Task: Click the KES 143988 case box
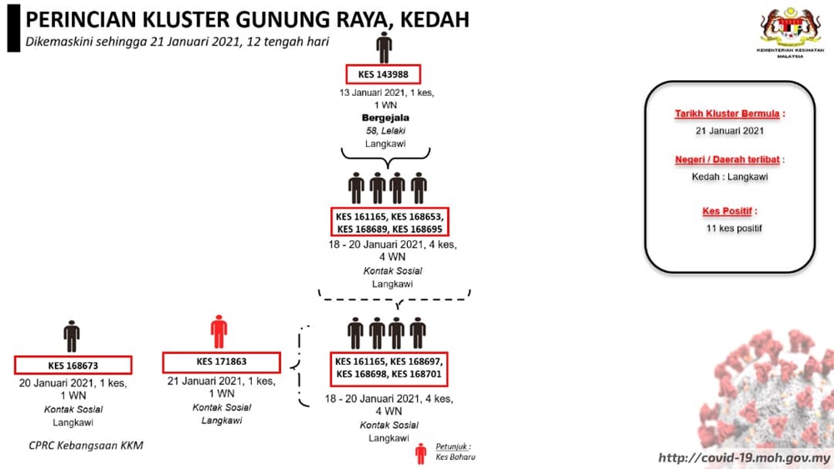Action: tap(383, 74)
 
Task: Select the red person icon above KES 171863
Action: tap(219, 331)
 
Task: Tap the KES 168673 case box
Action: tap(73, 366)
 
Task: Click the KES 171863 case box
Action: tap(221, 362)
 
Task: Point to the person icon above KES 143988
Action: tap(384, 48)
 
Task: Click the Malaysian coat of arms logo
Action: tap(790, 32)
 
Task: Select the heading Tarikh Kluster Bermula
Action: tap(727, 114)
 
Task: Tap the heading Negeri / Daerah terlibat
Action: tap(727, 159)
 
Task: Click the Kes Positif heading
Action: tap(727, 211)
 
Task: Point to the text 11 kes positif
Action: tap(734, 229)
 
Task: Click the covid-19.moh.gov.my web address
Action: tap(744, 458)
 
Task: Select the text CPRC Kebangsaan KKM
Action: tap(86, 446)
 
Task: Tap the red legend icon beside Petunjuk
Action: tap(420, 454)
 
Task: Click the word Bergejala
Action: tap(385, 118)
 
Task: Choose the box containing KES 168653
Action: tap(389, 223)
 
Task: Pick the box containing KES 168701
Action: tap(389, 368)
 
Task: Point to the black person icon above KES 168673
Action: tap(71, 336)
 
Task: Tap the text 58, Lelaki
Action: tap(385, 131)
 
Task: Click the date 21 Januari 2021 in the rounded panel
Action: tap(730, 131)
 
